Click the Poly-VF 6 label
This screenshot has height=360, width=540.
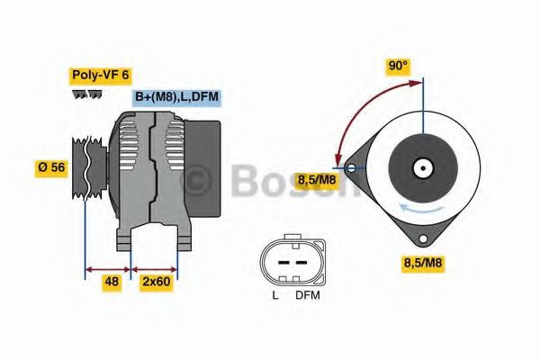pyautogui.click(x=99, y=76)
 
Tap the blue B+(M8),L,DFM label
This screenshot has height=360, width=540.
pyautogui.click(x=176, y=97)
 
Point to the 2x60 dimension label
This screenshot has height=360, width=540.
pyautogui.click(x=156, y=282)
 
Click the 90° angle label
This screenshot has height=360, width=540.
pyautogui.click(x=398, y=66)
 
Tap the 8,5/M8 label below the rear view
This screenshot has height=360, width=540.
pyautogui.click(x=422, y=263)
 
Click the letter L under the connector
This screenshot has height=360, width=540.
pyautogui.click(x=275, y=295)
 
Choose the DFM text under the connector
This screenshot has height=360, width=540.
pyautogui.click(x=307, y=295)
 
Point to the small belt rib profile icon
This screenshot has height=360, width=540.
pyautogui.click(x=87, y=94)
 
